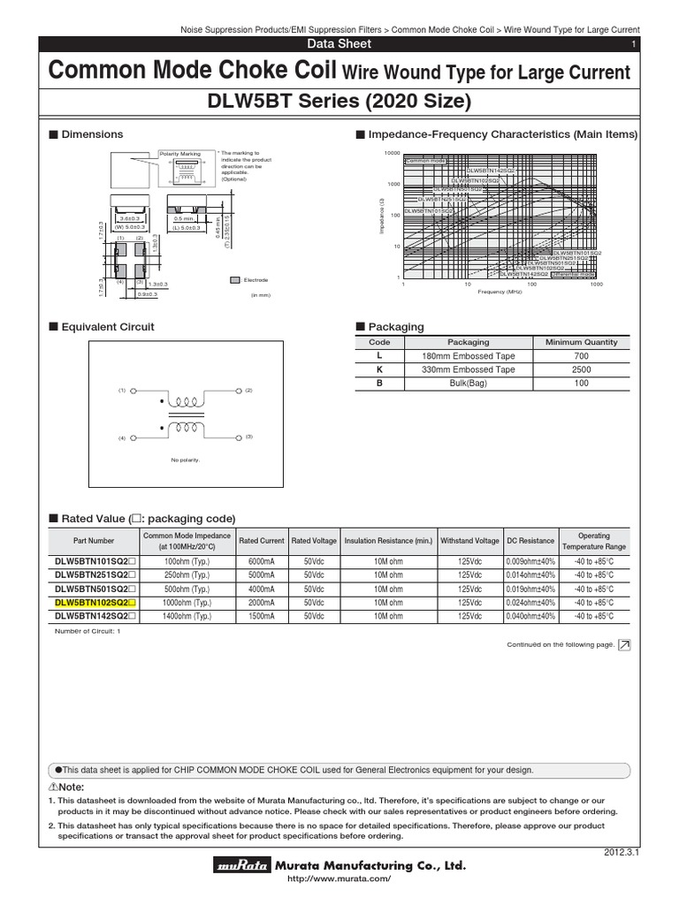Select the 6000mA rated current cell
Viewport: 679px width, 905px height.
click(262, 561)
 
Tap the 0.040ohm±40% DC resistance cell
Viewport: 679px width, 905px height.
click(530, 615)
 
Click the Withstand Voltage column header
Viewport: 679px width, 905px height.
click(470, 541)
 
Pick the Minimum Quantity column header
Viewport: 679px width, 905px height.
click(582, 342)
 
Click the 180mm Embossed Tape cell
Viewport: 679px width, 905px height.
click(469, 356)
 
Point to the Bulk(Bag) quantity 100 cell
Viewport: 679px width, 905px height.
click(582, 384)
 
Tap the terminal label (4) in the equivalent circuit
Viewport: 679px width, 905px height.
click(122, 437)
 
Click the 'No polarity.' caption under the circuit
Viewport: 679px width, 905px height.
click(186, 460)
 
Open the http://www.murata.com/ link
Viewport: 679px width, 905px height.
click(339, 879)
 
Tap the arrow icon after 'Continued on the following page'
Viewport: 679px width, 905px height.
click(624, 645)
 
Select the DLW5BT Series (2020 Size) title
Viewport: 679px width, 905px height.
click(339, 103)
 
